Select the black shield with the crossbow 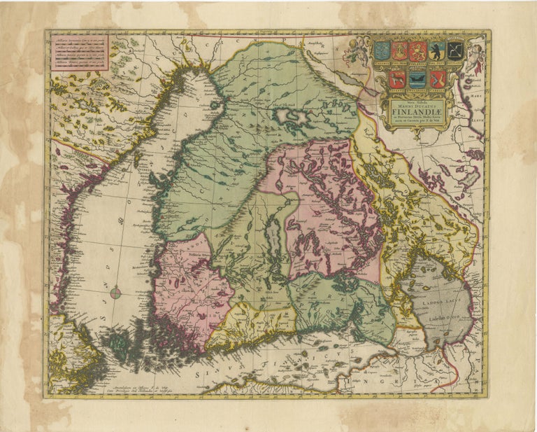click(x=456, y=50)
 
